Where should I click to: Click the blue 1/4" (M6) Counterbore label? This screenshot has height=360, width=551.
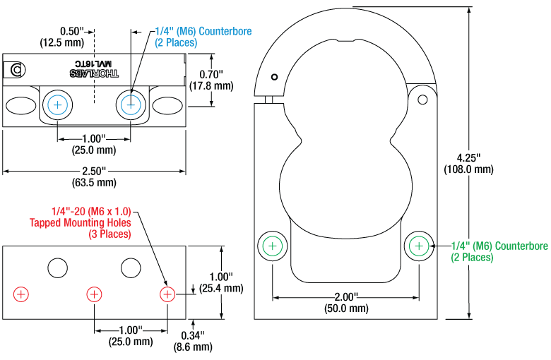(x=203, y=37)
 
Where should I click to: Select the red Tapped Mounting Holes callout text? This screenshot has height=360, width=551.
(x=81, y=222)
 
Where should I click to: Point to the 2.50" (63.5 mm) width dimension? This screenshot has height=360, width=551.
(x=94, y=176)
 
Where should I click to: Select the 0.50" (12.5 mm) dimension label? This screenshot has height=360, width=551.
(x=62, y=37)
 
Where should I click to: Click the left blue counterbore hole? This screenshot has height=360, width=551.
(x=57, y=105)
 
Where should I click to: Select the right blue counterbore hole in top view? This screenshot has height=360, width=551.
(x=130, y=105)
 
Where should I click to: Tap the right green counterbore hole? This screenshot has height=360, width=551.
(x=419, y=246)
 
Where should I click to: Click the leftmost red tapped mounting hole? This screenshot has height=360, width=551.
(x=21, y=293)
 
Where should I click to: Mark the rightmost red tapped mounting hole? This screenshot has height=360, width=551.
(x=167, y=293)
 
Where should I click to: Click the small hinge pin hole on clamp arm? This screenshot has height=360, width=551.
(x=423, y=99)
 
